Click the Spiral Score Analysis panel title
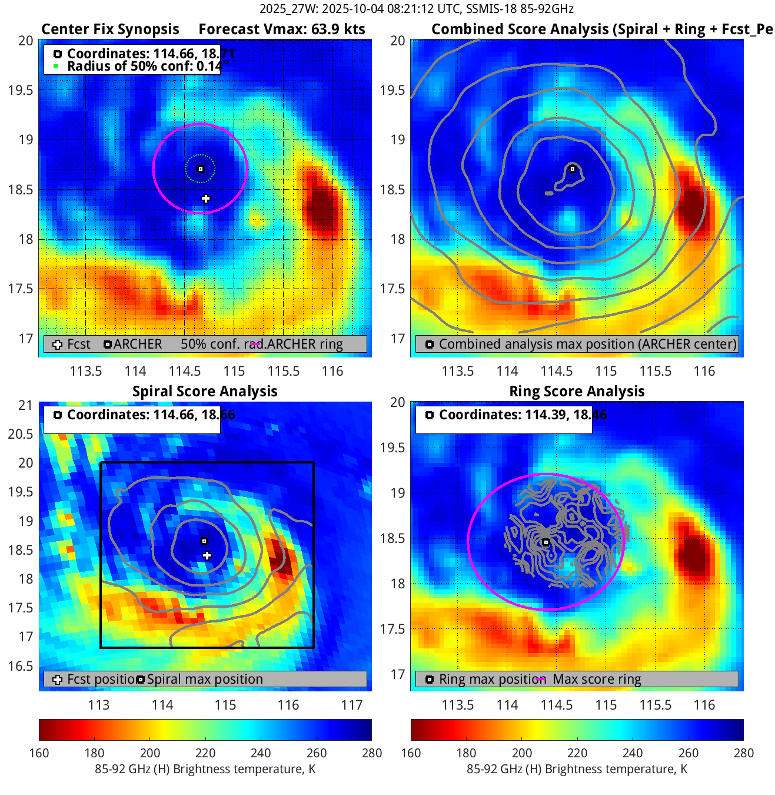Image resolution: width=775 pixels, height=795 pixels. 205,392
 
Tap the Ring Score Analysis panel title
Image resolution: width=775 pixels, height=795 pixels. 577,392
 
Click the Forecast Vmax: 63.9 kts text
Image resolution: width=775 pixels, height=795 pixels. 281,29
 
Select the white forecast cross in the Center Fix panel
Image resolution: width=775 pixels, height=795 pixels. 205,199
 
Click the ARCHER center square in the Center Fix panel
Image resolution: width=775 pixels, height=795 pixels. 200,169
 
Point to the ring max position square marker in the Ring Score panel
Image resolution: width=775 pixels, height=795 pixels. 546,542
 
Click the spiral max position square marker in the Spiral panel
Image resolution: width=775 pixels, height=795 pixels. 204,541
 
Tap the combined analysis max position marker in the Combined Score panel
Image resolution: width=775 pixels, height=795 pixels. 572,169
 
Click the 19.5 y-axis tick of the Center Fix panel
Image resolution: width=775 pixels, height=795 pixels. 21,90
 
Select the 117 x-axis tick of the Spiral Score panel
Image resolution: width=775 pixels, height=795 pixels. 352,705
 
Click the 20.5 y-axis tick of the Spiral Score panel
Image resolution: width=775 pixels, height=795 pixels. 21,434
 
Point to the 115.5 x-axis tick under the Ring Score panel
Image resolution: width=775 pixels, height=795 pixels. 655,705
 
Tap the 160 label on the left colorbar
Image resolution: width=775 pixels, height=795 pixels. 39,753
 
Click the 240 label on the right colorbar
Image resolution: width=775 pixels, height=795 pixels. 633,753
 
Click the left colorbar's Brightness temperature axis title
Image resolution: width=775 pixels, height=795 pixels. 205,769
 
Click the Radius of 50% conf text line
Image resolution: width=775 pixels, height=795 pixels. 144,67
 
